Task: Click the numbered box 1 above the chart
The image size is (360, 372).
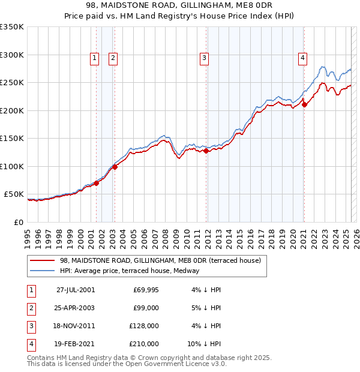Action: click(x=95, y=58)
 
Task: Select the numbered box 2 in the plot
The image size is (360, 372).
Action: click(x=113, y=58)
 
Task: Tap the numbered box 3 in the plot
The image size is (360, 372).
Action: click(x=205, y=58)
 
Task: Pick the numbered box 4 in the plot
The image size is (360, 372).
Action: click(x=302, y=58)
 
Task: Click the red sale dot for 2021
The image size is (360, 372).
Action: click(x=304, y=104)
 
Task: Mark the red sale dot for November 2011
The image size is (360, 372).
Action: click(x=206, y=151)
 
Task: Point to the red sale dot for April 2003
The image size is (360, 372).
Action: click(x=115, y=167)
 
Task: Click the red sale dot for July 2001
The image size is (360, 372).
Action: click(x=96, y=183)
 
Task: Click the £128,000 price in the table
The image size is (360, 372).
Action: click(x=143, y=326)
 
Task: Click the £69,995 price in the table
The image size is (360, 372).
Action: click(x=145, y=290)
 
